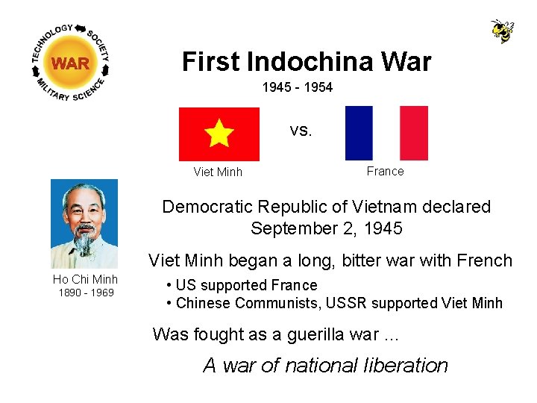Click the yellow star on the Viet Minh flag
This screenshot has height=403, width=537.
(x=219, y=134)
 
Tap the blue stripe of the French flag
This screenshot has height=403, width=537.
(x=359, y=133)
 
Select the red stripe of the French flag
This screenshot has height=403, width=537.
(x=414, y=133)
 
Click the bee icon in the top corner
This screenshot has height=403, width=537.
(x=502, y=31)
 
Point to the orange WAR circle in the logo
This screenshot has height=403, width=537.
(x=71, y=63)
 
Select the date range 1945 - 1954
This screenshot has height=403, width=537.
(x=297, y=88)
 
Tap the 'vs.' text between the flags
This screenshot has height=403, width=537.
(x=301, y=131)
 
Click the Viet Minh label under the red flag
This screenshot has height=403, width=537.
(x=218, y=172)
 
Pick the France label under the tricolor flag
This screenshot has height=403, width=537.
(x=385, y=172)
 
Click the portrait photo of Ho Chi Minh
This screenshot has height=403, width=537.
(x=84, y=223)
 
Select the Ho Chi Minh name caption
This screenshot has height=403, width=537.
(x=85, y=280)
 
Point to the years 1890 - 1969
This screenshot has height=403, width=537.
(x=86, y=293)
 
